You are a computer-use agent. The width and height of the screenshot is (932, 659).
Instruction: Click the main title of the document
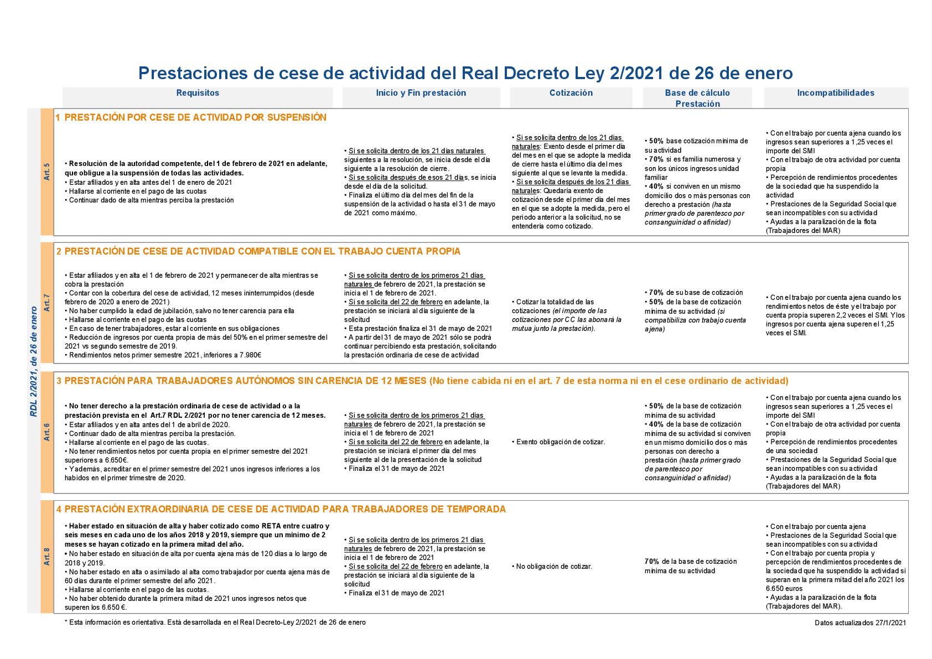(465, 73)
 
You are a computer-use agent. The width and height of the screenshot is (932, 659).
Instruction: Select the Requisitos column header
(198, 93)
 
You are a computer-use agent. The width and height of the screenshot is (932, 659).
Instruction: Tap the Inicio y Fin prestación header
(421, 93)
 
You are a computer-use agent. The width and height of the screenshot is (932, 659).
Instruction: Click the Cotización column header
(571, 93)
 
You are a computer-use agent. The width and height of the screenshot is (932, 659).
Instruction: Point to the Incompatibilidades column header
(836, 93)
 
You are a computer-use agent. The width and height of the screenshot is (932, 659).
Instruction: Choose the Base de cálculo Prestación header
(697, 98)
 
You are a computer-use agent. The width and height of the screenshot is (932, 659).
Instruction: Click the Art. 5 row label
(46, 172)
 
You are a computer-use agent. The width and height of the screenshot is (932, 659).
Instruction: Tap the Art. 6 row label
(46, 432)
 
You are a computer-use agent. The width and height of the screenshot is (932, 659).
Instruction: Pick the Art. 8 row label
(46, 556)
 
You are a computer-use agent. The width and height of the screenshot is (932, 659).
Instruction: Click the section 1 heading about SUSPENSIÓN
(191, 117)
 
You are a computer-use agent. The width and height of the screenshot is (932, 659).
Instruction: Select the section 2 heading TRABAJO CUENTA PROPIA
(258, 251)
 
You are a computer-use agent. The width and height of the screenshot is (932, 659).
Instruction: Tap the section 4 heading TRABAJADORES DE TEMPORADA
(281, 509)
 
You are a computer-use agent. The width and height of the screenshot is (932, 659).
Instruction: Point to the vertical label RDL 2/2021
(34, 361)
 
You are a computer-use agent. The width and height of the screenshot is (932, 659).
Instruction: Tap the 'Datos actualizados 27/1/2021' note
(860, 623)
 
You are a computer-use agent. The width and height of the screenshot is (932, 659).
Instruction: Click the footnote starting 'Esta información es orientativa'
(215, 622)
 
